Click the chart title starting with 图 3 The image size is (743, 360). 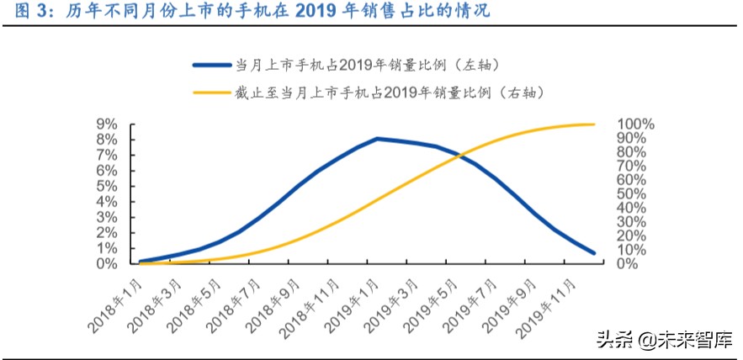(248, 12)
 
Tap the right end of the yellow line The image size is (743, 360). (594, 124)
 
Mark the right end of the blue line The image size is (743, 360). (594, 252)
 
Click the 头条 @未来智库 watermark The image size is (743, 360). (663, 340)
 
